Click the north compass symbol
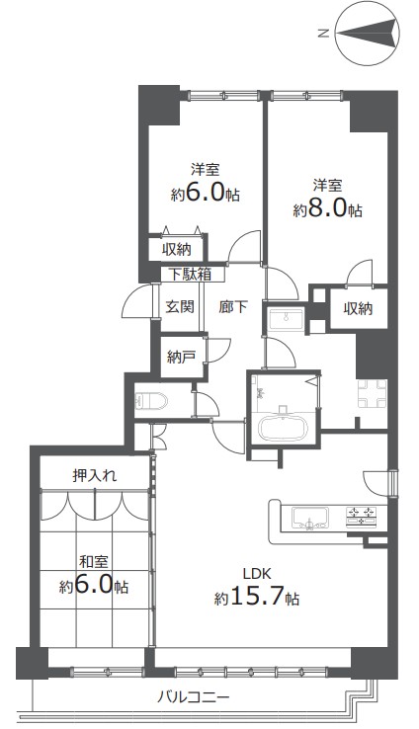(368, 34)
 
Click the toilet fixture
(151, 400)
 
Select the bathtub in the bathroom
(283, 428)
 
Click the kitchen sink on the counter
(310, 518)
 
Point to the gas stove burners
(363, 516)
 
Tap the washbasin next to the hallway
(286, 319)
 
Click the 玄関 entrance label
(180, 307)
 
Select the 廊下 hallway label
(233, 307)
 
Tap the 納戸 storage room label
(181, 357)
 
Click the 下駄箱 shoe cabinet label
(190, 275)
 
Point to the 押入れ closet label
(95, 475)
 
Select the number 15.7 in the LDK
(256, 598)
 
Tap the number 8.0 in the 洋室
(328, 209)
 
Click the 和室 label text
(94, 562)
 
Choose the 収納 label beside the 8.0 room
(358, 308)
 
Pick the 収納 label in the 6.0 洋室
(177, 250)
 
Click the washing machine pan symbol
(372, 394)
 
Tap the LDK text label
(256, 573)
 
